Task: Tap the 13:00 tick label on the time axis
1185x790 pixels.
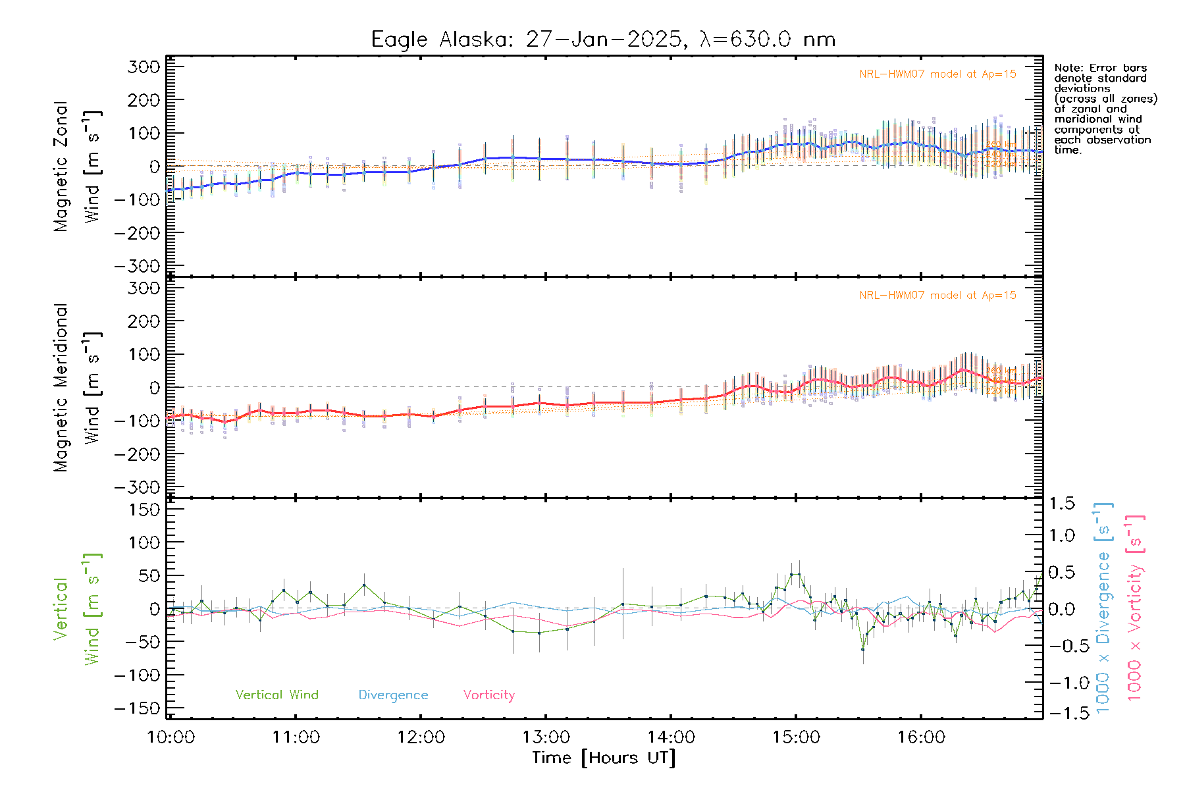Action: (546, 737)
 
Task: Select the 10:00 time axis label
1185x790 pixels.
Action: (171, 737)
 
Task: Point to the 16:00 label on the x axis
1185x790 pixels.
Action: (921, 737)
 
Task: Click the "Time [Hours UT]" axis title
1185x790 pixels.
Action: (604, 758)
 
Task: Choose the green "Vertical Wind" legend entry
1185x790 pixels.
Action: (276, 695)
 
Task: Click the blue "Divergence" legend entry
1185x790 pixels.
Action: (393, 695)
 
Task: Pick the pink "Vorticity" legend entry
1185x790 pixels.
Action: (488, 695)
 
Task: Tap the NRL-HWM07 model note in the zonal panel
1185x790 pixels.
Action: (937, 74)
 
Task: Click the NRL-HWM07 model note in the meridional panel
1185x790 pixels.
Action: (937, 296)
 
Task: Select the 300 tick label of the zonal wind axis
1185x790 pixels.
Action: (144, 67)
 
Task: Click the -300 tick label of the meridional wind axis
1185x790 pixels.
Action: (138, 487)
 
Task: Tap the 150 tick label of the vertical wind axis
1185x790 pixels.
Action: (144, 510)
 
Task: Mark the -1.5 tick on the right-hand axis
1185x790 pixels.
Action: (1061, 714)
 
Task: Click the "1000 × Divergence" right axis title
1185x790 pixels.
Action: (1103, 608)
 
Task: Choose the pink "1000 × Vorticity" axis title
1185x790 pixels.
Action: (1135, 608)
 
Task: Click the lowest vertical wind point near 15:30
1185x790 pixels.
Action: (863, 649)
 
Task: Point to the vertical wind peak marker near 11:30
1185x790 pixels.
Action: (364, 585)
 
